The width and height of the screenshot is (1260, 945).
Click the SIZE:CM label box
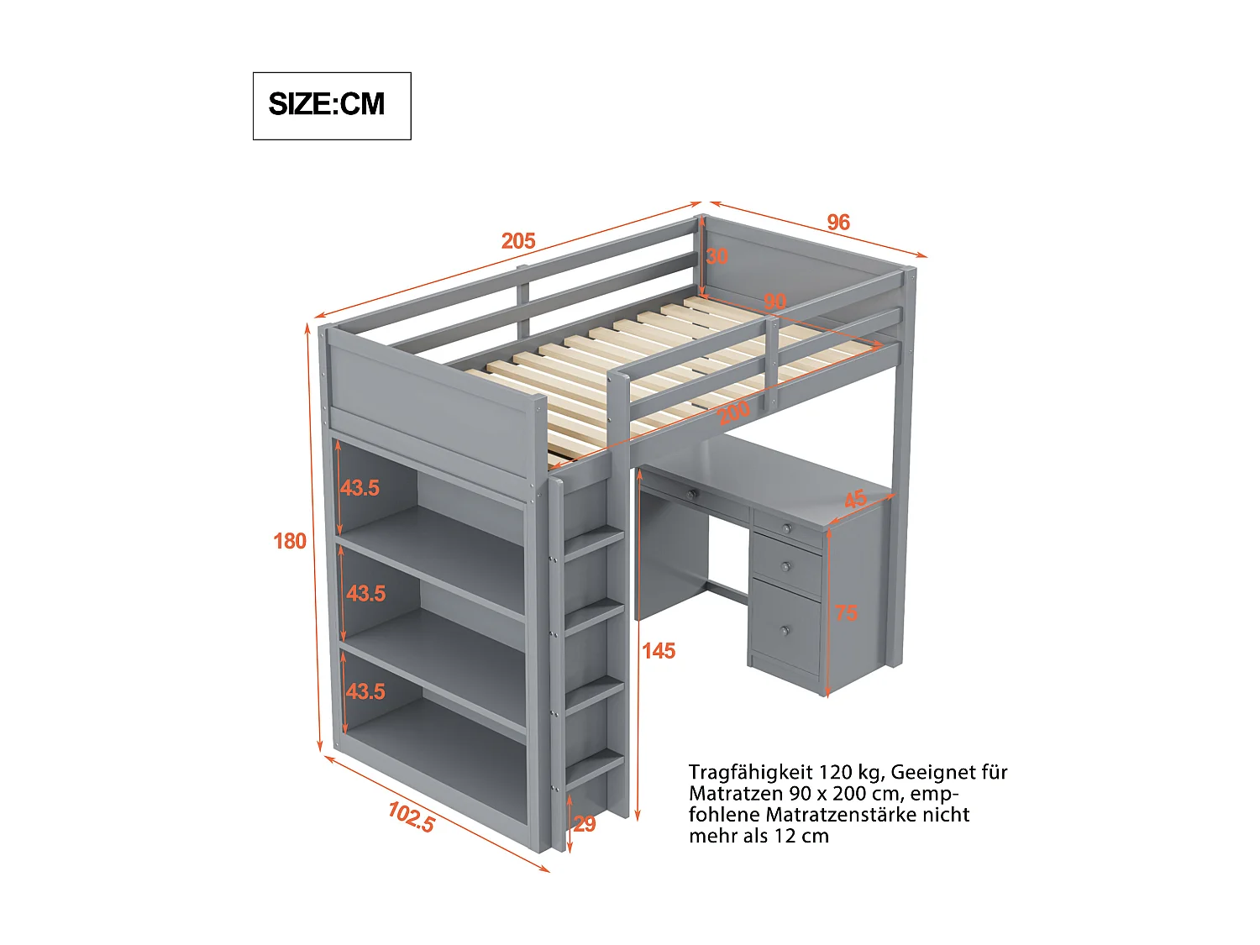click(331, 105)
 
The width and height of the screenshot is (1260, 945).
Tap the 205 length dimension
click(518, 241)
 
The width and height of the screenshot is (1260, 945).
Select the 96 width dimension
click(837, 222)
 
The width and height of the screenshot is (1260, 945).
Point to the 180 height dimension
click(290, 541)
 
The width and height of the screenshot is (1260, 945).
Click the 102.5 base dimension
click(411, 816)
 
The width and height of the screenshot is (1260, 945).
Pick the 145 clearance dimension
click(659, 651)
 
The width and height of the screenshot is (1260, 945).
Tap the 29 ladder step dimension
click(585, 824)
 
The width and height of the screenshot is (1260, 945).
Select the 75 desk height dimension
click(846, 612)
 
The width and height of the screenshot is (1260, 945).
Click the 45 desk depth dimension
click(855, 499)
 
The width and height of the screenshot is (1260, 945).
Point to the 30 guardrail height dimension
click(717, 256)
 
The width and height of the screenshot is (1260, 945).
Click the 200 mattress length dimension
click(733, 413)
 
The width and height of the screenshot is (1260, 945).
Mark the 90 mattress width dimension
click(774, 302)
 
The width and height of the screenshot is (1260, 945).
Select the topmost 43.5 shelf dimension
click(360, 488)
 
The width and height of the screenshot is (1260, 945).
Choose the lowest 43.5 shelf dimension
click(365, 691)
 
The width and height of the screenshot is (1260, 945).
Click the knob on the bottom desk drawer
click(785, 630)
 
